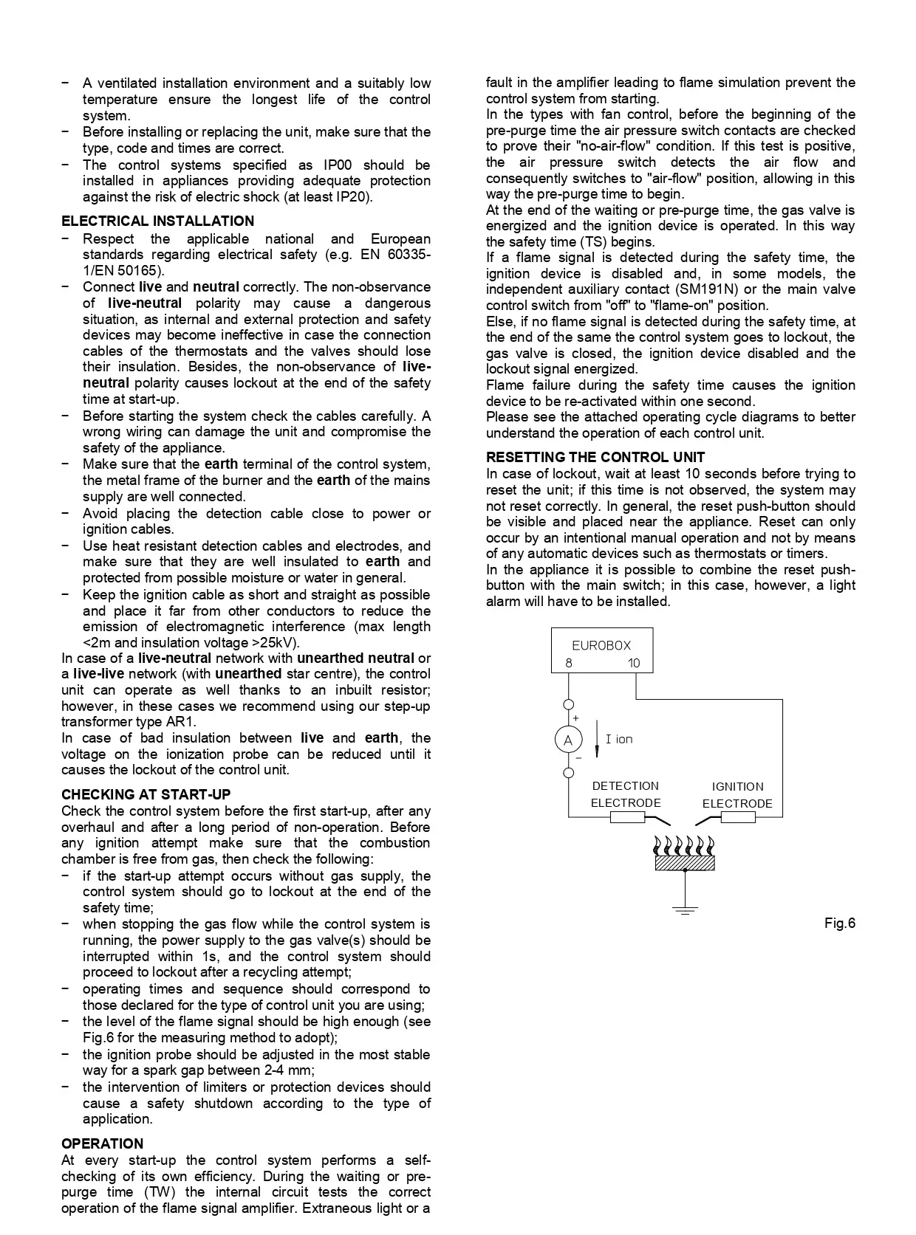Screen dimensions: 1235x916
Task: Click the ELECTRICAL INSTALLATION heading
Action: (157, 221)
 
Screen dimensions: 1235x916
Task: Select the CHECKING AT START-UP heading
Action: (146, 795)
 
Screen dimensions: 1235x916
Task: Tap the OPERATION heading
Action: (102, 1144)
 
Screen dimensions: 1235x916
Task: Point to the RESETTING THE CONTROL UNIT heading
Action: (595, 458)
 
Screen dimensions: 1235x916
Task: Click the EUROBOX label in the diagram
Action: (601, 645)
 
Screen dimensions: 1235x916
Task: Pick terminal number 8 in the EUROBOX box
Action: (569, 663)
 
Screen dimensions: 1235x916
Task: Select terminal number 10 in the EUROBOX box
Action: (634, 663)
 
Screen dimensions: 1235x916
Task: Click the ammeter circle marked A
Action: (568, 740)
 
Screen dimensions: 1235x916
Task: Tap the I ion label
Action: (619, 740)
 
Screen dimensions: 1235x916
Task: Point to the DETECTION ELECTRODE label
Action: (626, 794)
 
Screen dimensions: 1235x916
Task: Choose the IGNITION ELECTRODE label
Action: (737, 795)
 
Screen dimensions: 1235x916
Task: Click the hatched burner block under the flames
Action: (685, 862)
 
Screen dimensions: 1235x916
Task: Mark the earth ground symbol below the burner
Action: (686, 909)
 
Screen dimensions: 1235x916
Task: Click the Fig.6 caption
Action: (840, 923)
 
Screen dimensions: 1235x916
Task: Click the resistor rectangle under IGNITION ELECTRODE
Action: (737, 817)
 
